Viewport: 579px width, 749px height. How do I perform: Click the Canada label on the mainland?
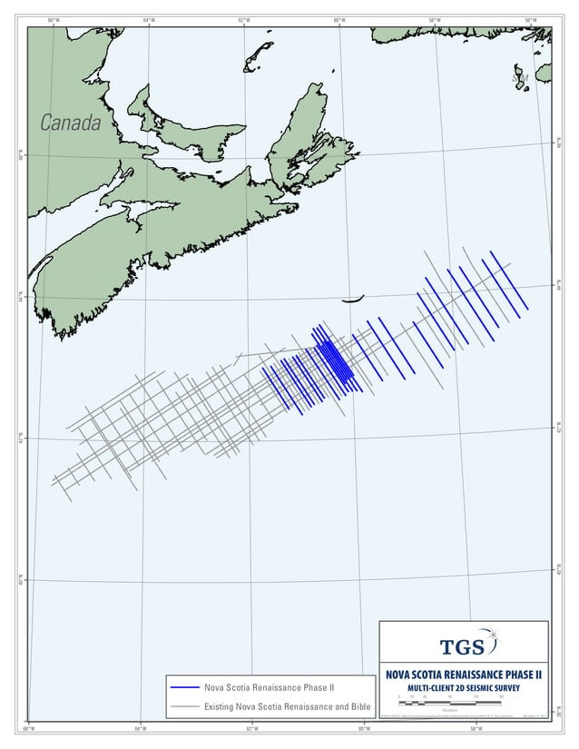tap(70, 123)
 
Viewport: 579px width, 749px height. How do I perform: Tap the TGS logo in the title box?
tap(463, 646)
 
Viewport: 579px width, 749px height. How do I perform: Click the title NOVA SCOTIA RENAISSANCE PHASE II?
tap(464, 675)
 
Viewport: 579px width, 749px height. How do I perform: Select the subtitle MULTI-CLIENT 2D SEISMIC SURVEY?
tap(464, 687)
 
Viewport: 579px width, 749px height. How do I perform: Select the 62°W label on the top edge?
tap(244, 21)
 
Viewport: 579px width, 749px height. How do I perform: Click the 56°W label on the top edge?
tap(531, 21)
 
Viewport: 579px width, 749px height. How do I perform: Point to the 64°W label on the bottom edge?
tap(142, 728)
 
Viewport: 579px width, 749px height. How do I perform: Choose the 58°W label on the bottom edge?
tap(474, 728)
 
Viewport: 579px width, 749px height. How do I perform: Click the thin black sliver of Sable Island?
tap(351, 299)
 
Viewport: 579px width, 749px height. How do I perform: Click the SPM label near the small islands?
tap(519, 80)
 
